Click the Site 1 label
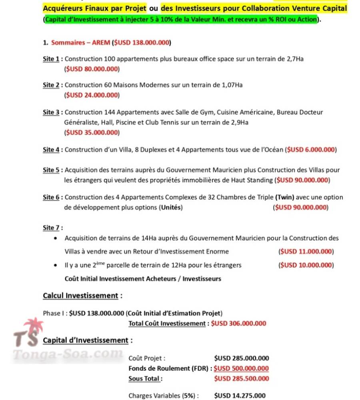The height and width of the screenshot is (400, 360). coord(51,59)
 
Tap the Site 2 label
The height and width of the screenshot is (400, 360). coord(51,85)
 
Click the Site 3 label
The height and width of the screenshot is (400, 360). coord(51,112)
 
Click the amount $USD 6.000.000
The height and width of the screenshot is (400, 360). coord(311,150)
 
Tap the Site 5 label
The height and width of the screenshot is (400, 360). coord(51,170)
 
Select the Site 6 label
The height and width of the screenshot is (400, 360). coord(51,198)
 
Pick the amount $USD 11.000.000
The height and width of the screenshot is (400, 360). coord(306,252)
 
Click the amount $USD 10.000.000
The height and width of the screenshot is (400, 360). coord(306,265)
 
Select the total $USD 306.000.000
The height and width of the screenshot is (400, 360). coord(238,324)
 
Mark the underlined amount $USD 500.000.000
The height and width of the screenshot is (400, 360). coord(241,369)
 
